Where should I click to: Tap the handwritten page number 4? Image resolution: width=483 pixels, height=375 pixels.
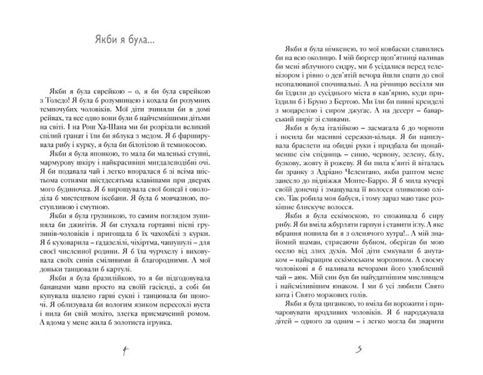point(125,351)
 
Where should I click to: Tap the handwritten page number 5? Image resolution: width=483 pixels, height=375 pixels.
point(359,350)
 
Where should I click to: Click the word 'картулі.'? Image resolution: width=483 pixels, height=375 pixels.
point(119,269)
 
